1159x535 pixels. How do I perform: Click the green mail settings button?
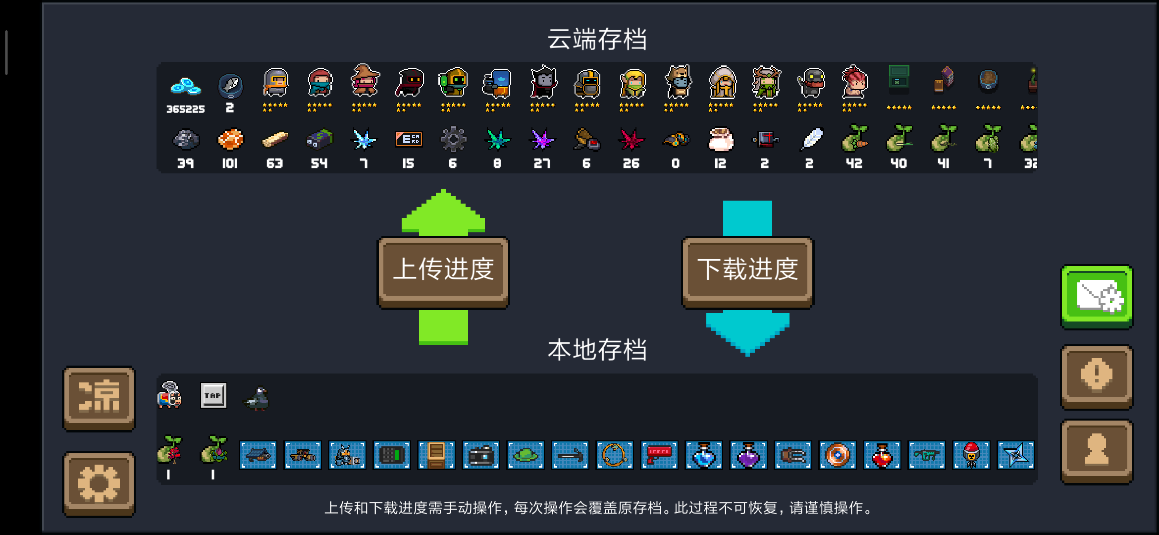coord(1097,297)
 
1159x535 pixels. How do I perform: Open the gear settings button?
coord(99,484)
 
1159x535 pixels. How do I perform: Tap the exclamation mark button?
coord(1097,377)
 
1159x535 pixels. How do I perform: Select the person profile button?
coord(1097,451)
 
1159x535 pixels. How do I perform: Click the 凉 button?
coord(99,398)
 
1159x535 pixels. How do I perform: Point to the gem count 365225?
coord(185,109)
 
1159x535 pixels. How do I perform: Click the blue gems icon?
coord(185,86)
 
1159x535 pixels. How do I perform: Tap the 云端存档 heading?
coord(597,39)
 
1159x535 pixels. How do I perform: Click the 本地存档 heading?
coord(597,350)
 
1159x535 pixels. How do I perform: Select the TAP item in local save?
coord(213,395)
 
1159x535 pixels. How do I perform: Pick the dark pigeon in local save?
coord(257,398)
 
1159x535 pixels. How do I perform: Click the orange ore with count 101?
coord(230,140)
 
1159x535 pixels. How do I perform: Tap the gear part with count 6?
coord(453,139)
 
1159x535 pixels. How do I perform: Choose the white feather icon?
coord(811,139)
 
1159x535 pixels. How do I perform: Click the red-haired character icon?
coord(854,82)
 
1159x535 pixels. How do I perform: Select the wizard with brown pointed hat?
coord(365,80)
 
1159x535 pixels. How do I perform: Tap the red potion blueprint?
coord(882,455)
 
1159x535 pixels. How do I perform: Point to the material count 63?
coord(274,163)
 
